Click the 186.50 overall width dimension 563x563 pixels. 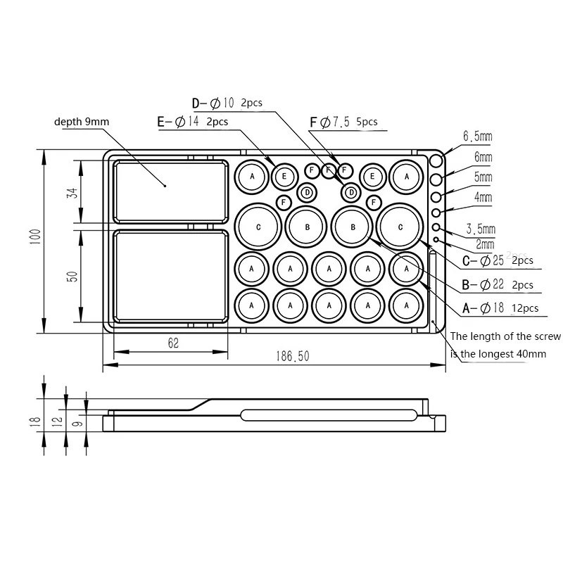[293, 356]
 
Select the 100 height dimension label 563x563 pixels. [35, 237]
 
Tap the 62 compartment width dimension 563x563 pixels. [173, 343]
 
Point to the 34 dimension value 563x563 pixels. [72, 193]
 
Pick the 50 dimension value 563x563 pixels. [72, 277]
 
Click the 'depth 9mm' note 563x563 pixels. [82, 122]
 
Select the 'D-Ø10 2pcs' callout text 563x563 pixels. [227, 103]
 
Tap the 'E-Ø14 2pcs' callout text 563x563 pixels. [193, 122]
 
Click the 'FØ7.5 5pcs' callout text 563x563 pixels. [343, 122]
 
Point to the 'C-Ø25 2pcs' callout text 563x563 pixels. [498, 260]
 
